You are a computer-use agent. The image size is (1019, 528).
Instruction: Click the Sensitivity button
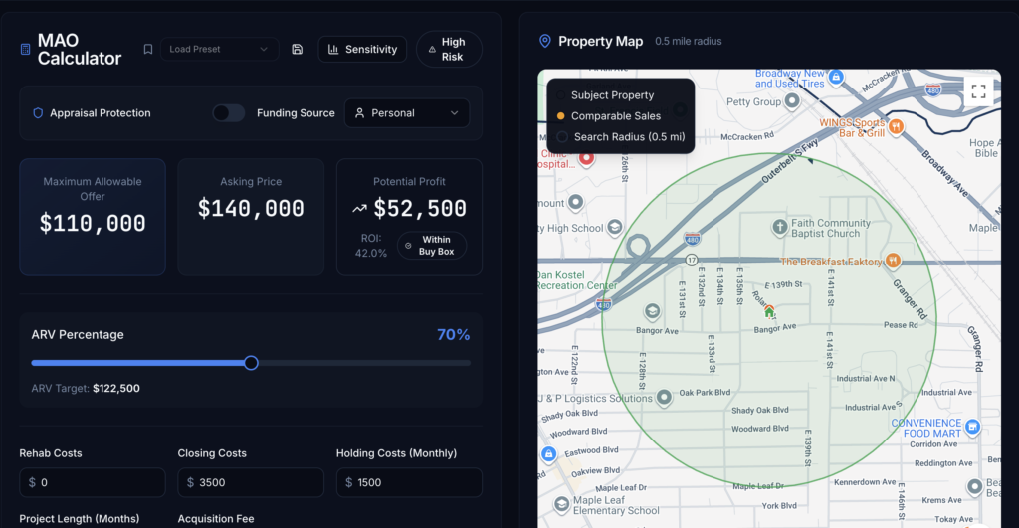(x=362, y=49)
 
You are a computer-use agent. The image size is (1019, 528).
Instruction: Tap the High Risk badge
(x=449, y=49)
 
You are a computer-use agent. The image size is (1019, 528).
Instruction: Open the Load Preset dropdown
(x=219, y=49)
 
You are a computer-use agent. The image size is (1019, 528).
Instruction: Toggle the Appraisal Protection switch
(x=228, y=113)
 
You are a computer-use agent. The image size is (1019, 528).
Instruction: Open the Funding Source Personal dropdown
(x=407, y=113)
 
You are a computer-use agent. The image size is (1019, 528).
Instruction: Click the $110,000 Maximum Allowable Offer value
(x=93, y=224)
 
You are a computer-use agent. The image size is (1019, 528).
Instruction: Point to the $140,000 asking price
(x=251, y=209)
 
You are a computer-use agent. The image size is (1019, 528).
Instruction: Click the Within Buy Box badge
(x=431, y=246)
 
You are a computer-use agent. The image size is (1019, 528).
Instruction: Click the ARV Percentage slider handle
(x=251, y=363)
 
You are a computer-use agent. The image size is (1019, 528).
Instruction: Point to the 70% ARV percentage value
(x=453, y=335)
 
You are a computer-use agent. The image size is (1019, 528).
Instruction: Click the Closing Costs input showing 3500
(x=251, y=482)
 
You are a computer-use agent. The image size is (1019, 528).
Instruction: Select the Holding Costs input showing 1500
(x=409, y=482)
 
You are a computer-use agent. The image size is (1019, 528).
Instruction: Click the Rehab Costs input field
(x=93, y=482)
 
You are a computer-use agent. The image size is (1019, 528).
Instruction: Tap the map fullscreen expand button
(x=978, y=91)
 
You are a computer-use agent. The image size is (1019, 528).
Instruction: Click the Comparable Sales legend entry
(x=615, y=116)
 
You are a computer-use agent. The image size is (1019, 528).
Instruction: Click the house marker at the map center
(x=769, y=311)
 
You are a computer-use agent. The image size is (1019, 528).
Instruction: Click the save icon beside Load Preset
(x=298, y=49)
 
